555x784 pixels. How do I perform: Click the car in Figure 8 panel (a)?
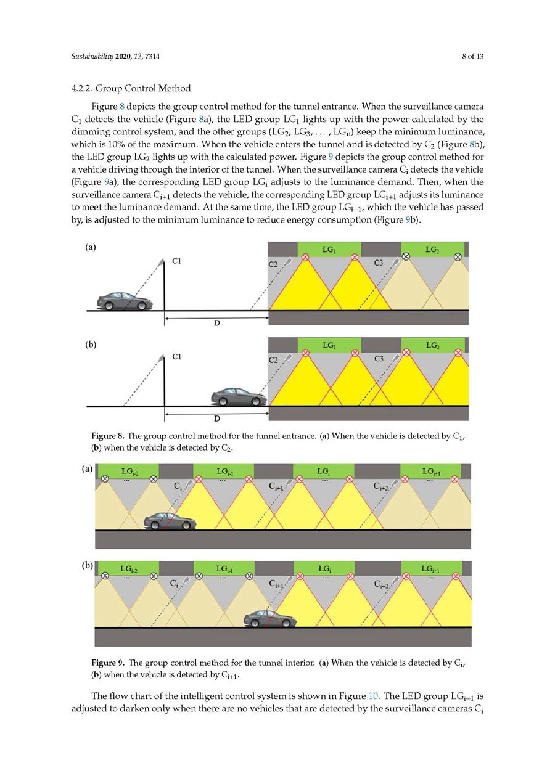(125, 301)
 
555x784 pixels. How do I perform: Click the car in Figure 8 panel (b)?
(239, 396)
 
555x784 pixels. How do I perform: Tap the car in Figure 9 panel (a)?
(170, 521)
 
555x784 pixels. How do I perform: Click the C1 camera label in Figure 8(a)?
(177, 261)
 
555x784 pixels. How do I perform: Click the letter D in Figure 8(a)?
(217, 323)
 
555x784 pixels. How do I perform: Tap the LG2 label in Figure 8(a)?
(432, 250)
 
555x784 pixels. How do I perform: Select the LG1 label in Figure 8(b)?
(329, 346)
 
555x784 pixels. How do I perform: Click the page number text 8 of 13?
(472, 57)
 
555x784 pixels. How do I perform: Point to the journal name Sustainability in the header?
(91, 57)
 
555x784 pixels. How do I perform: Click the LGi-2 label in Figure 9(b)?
(129, 568)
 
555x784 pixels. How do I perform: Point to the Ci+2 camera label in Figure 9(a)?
(382, 486)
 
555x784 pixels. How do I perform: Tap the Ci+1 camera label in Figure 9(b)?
(276, 583)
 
